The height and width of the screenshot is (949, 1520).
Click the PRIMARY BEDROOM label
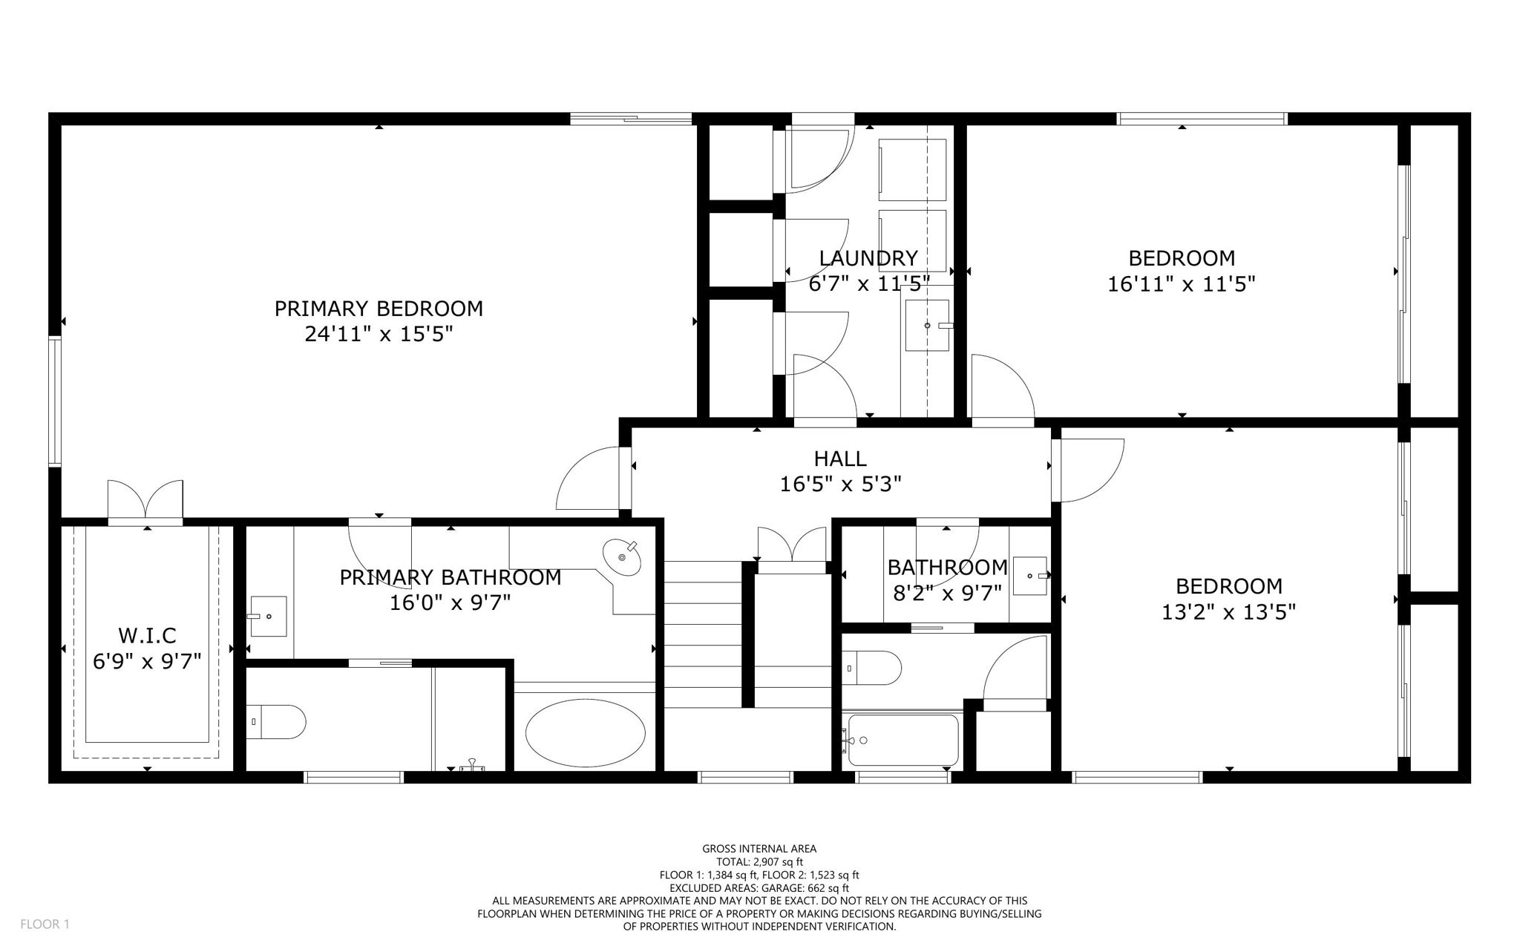[379, 309]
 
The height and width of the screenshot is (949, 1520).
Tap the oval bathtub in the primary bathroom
[585, 734]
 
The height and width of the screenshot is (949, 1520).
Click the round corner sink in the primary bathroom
[622, 557]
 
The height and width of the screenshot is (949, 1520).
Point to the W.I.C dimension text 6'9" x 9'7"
[147, 660]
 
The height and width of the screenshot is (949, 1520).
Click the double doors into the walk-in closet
[145, 501]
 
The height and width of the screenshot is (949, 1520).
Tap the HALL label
[840, 459]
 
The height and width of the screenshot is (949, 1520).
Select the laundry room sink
[927, 325]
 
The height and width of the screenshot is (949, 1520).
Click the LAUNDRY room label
[868, 258]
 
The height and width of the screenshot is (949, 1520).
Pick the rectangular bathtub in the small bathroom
[903, 740]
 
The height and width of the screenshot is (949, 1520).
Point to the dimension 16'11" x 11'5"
[1182, 284]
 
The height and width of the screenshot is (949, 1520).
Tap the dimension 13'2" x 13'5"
[1228, 612]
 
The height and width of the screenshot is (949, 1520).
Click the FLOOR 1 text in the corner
[45, 924]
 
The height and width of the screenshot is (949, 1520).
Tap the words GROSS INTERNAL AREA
[759, 849]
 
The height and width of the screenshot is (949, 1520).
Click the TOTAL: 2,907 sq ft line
[759, 861]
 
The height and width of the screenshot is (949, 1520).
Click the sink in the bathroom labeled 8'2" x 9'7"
[1030, 576]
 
